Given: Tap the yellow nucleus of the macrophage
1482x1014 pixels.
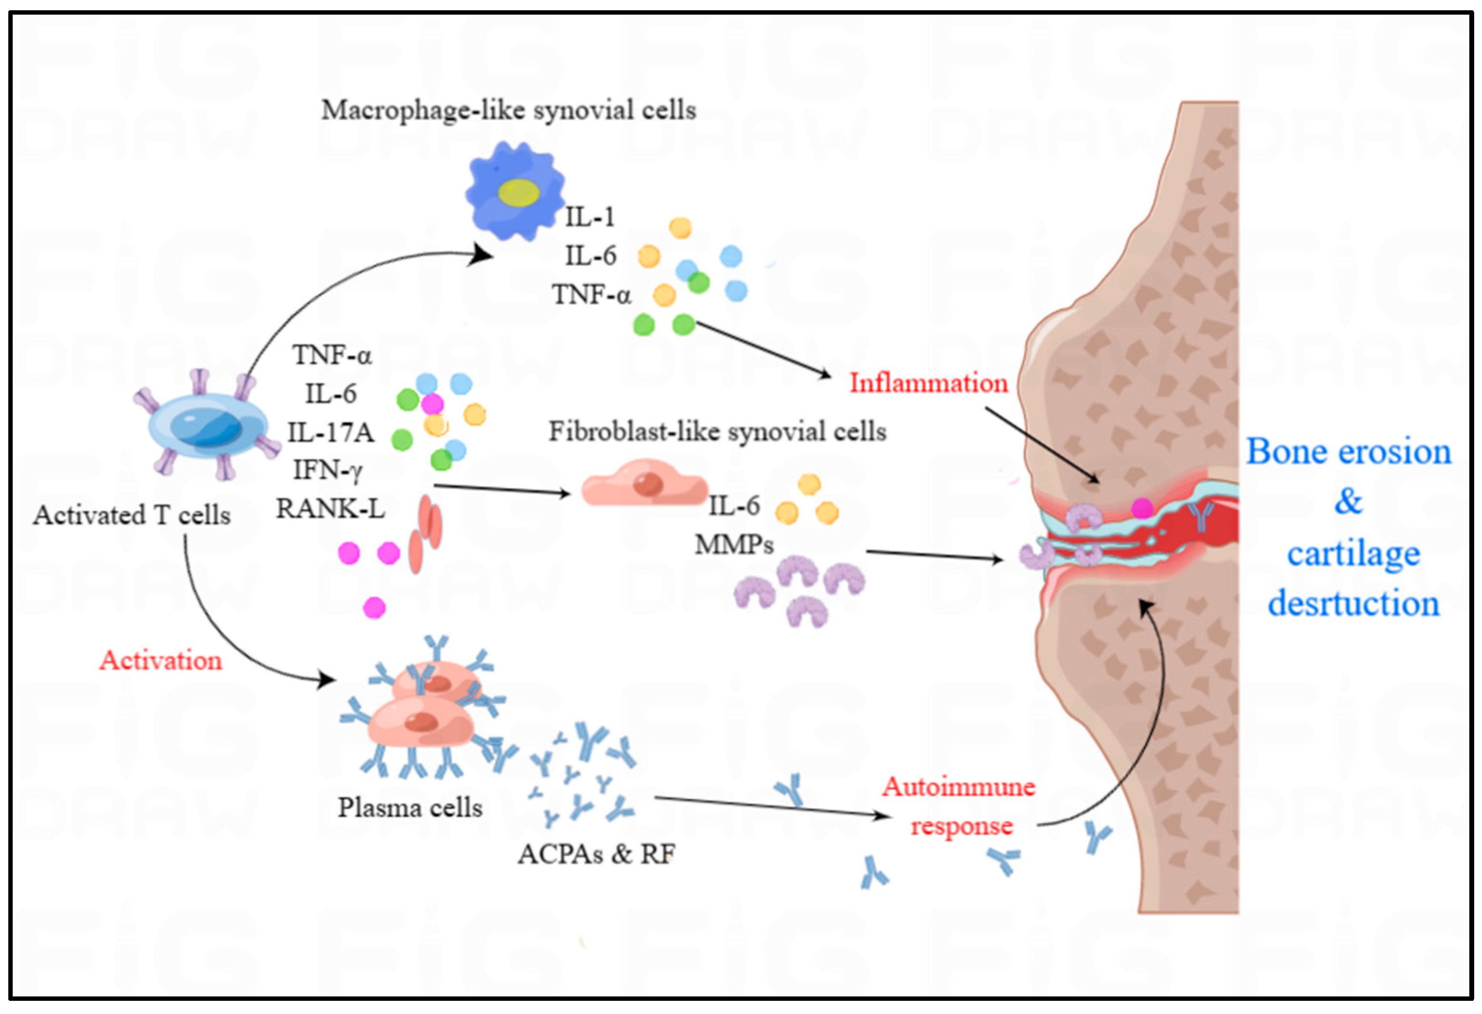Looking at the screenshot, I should point(519,193).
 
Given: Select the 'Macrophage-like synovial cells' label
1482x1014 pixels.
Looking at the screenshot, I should point(508,110).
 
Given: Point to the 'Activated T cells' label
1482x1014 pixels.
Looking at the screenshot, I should point(132,515).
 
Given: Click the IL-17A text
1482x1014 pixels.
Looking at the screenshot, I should point(330,432).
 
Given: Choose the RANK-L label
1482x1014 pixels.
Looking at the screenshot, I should point(330,509).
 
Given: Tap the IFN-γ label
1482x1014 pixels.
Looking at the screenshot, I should point(328,471).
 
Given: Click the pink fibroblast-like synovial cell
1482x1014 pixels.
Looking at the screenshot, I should point(644,485).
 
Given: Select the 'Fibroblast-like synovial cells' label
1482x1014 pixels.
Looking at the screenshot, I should point(718,432).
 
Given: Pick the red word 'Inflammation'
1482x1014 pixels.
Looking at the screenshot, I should point(928,383).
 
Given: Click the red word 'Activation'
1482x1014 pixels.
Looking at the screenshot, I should point(160,661).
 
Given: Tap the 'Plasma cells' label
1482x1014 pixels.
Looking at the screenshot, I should point(410,808).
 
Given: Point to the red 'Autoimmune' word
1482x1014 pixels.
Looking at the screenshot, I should point(959,787).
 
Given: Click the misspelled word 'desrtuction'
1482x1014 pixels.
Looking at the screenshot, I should point(1353,603).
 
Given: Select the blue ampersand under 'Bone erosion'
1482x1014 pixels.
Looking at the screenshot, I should point(1348,501).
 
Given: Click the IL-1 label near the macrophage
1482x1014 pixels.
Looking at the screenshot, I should point(590,218).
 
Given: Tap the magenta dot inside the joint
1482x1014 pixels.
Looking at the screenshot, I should point(1142,508).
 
